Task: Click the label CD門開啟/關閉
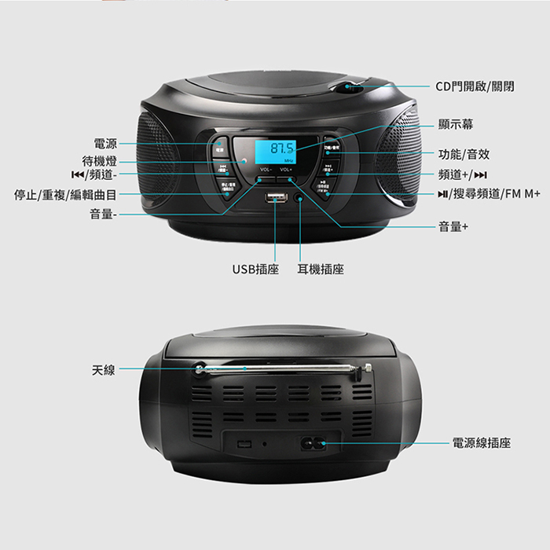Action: tap(475, 86)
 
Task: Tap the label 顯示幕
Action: tap(456, 125)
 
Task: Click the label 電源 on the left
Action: tap(105, 144)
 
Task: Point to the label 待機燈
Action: tap(100, 160)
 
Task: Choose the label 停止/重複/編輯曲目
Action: tap(66, 195)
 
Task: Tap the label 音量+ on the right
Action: tap(453, 226)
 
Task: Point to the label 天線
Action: tap(103, 368)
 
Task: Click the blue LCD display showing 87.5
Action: tap(275, 149)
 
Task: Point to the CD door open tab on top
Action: tap(347, 86)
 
